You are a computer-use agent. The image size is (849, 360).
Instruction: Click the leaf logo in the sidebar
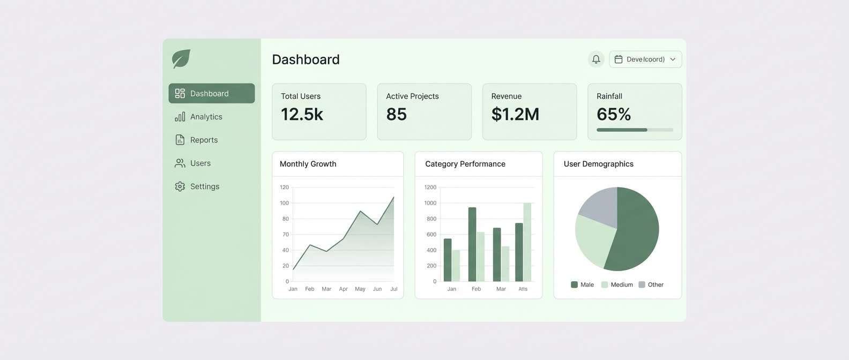pyautogui.click(x=181, y=59)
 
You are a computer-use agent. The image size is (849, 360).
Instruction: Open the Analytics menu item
pyautogui.click(x=206, y=117)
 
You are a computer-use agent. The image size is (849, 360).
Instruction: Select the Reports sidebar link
pyautogui.click(x=204, y=140)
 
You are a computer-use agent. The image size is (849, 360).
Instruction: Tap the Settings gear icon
pyautogui.click(x=180, y=186)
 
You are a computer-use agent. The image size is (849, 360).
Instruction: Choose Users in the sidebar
pyautogui.click(x=200, y=163)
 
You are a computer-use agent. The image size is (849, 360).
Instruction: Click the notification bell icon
pyautogui.click(x=596, y=59)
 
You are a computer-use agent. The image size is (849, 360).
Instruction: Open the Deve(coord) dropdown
pyautogui.click(x=645, y=59)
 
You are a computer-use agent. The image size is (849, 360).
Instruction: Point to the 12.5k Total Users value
pyautogui.click(x=302, y=114)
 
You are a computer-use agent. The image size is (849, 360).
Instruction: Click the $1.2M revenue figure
pyautogui.click(x=515, y=114)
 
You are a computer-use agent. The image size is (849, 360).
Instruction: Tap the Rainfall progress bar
pyautogui.click(x=635, y=130)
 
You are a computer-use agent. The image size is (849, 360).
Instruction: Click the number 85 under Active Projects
pyautogui.click(x=396, y=114)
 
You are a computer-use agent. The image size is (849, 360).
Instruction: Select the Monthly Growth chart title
pyautogui.click(x=308, y=164)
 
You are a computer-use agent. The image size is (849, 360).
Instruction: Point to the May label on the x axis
pyautogui.click(x=360, y=289)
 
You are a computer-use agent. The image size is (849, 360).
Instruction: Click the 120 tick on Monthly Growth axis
pyautogui.click(x=284, y=187)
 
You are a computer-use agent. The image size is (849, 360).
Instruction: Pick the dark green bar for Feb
pyautogui.click(x=472, y=244)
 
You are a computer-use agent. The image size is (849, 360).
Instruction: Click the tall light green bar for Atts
pyautogui.click(x=527, y=242)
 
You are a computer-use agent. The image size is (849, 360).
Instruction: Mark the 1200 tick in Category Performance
pyautogui.click(x=430, y=187)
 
